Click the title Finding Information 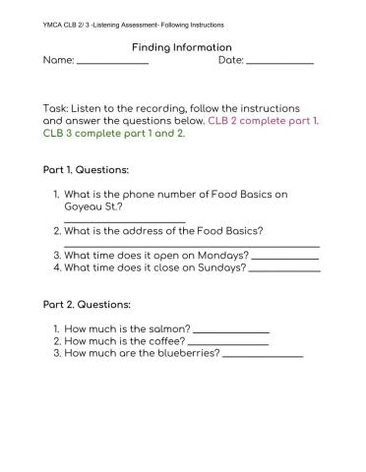181,47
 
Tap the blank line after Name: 111,64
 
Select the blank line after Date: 279,64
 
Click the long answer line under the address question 192,246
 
